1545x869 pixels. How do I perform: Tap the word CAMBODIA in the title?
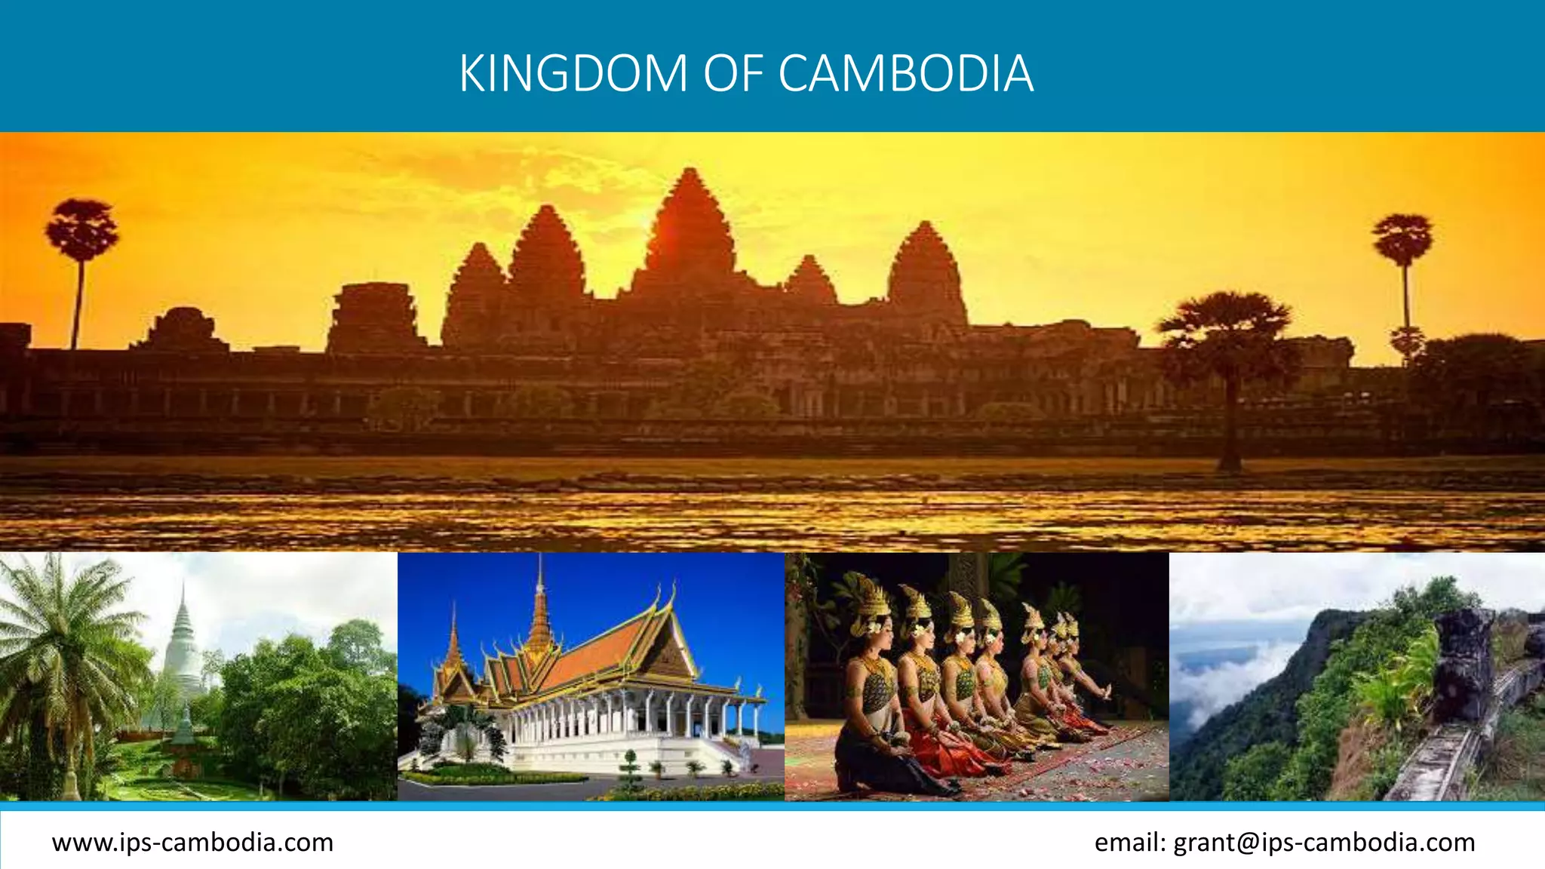pos(905,73)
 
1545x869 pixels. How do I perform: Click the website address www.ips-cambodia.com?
pos(192,842)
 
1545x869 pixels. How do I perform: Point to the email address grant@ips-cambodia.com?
pos(1324,842)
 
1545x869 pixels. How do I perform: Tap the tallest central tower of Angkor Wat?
pos(689,226)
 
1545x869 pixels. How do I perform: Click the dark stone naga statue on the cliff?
pos(1460,664)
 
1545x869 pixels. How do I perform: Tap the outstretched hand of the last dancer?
pos(1106,690)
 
